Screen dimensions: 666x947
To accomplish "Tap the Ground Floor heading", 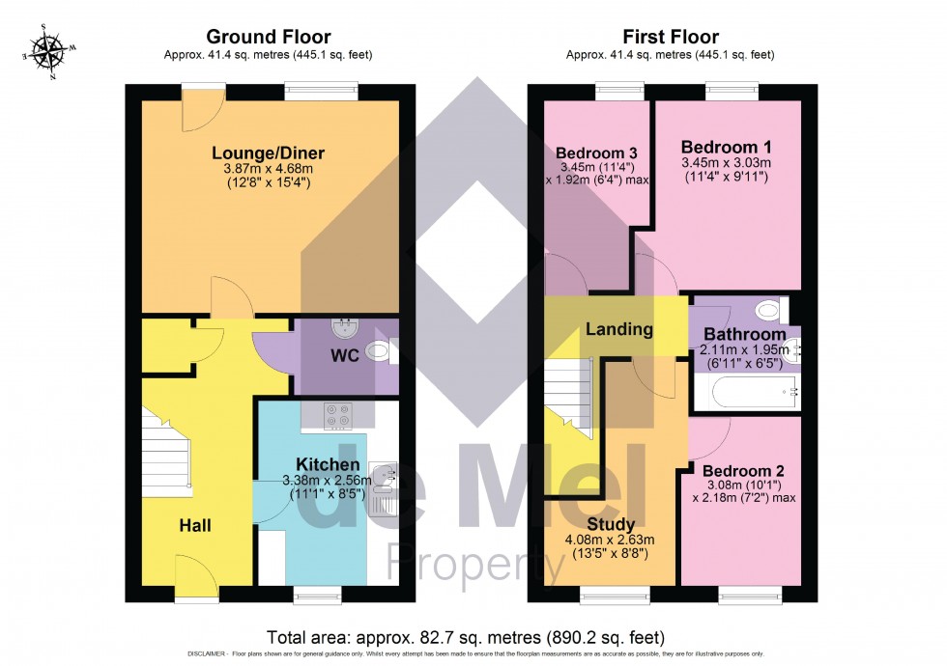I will pos(269,38).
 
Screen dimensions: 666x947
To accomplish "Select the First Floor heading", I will pos(671,38).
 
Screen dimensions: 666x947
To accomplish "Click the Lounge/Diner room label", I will pos(269,153).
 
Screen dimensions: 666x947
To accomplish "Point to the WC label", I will pos(345,355).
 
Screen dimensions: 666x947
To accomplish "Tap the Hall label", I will pos(194,525).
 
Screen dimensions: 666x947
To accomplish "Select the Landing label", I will pos(618,329).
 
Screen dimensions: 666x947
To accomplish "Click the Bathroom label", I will pos(744,334).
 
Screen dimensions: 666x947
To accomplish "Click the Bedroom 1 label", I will pos(726,147).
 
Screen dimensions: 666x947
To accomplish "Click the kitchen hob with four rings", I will pos(338,415).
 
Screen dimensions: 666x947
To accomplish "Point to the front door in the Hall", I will pos(196,577).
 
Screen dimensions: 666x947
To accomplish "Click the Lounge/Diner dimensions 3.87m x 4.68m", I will pos(269,169).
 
